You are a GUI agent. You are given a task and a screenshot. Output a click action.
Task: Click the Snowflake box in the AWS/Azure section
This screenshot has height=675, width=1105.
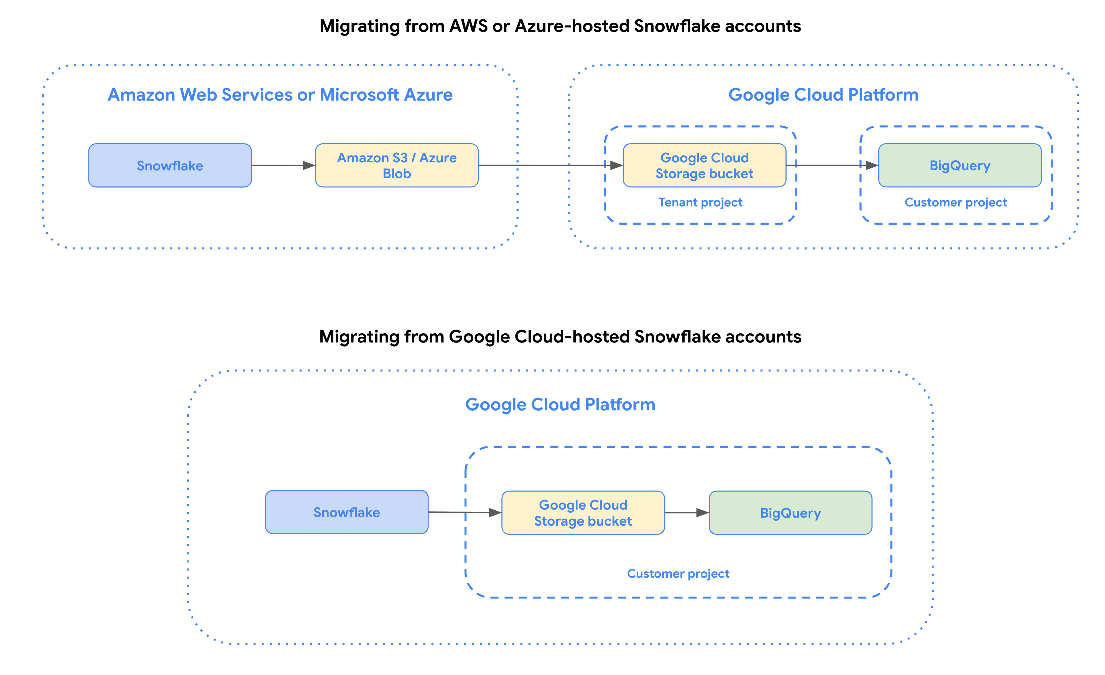pyautogui.click(x=170, y=165)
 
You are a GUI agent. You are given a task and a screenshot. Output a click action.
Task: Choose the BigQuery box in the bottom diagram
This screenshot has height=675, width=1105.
pyautogui.click(x=790, y=513)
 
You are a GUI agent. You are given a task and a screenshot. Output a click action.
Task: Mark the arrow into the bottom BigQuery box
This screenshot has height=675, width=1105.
pyautogui.click(x=686, y=513)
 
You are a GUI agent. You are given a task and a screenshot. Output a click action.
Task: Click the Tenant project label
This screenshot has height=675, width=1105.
pyautogui.click(x=700, y=202)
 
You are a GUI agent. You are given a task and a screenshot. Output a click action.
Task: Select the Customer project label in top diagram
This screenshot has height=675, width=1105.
pyautogui.click(x=955, y=202)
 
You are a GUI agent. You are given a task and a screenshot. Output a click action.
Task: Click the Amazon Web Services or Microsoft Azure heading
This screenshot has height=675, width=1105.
pyautogui.click(x=280, y=95)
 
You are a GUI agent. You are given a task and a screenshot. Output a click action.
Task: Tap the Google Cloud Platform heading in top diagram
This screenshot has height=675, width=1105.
pyautogui.click(x=823, y=95)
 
